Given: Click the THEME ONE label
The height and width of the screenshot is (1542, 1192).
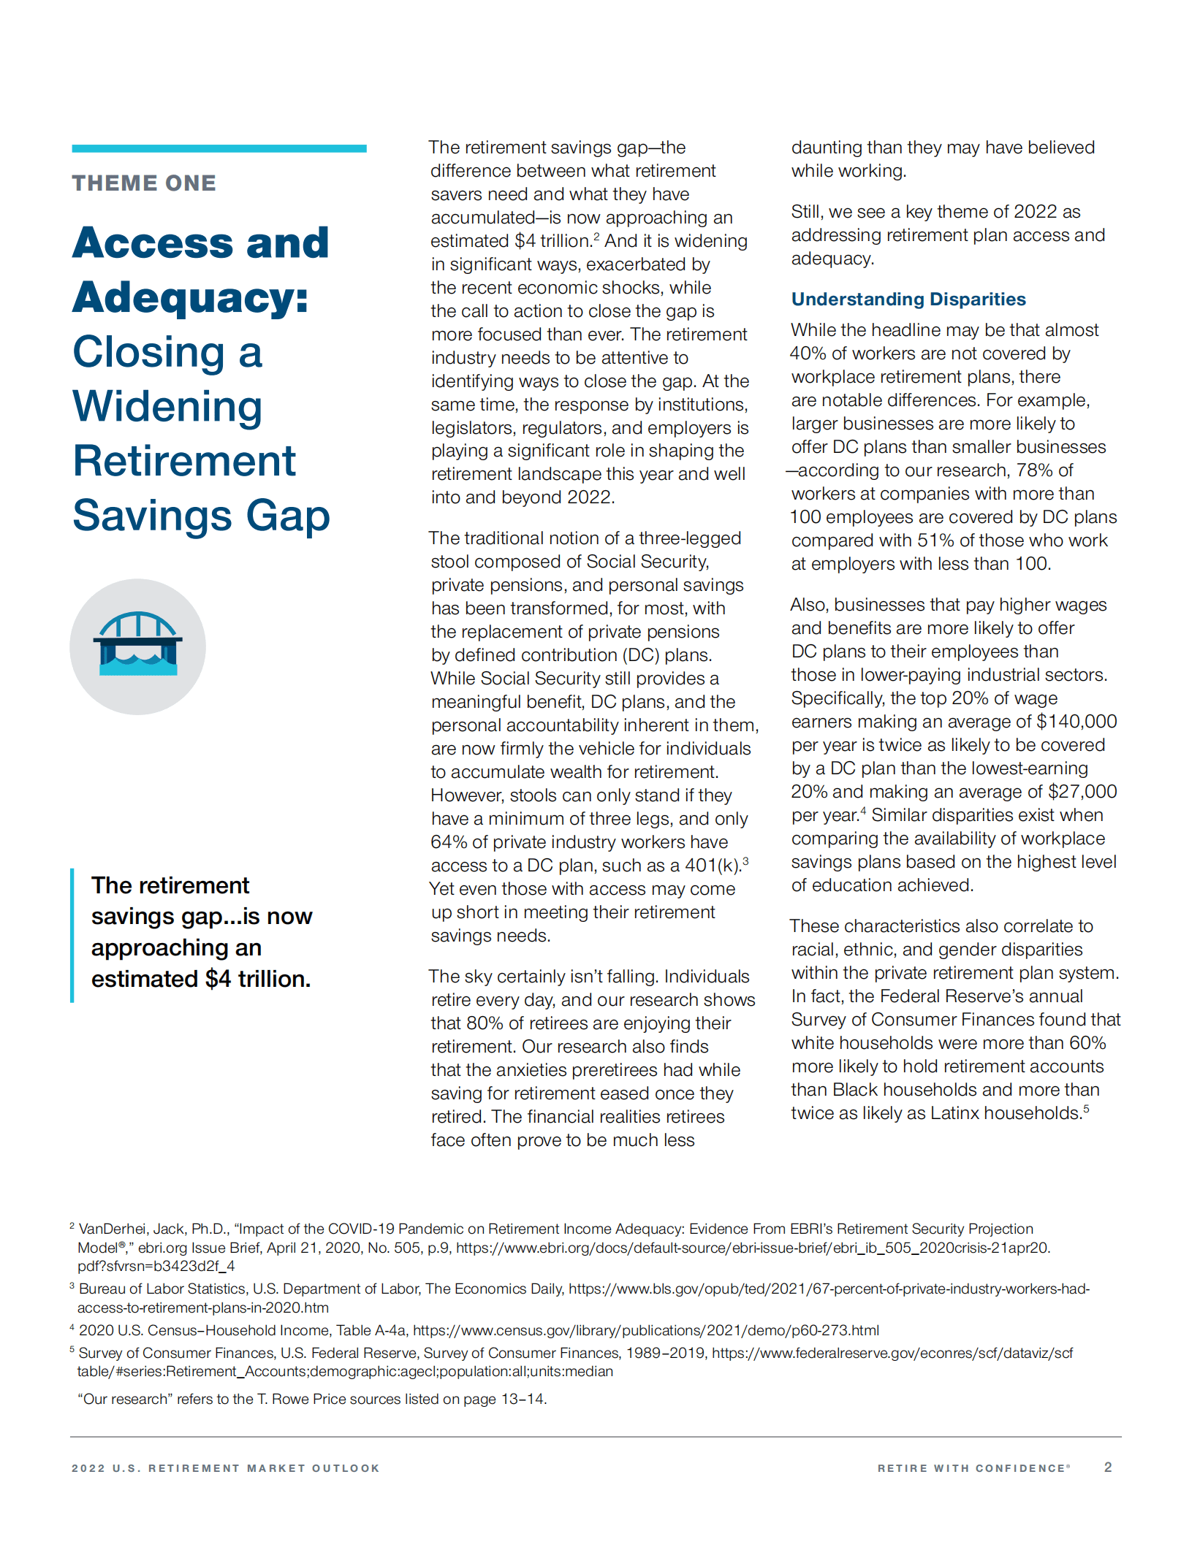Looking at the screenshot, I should click(144, 183).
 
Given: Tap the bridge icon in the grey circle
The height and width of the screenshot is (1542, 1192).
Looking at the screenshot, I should click(137, 644).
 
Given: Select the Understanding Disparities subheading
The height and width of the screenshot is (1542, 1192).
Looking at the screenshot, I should click(908, 299).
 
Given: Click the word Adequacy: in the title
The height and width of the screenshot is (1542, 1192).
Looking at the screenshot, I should click(191, 297).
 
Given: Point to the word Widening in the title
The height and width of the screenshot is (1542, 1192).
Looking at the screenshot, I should click(167, 406).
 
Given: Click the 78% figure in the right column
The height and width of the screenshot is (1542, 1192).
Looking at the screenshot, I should click(1035, 470).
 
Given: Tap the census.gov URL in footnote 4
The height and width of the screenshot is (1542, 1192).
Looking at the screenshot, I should click(645, 1330).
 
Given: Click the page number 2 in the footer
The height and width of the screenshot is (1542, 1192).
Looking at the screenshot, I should click(1108, 1467).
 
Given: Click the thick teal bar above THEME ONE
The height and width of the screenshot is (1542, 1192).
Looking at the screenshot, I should click(219, 148).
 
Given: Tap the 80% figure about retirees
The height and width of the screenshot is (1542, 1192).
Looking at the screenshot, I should click(485, 1023).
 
